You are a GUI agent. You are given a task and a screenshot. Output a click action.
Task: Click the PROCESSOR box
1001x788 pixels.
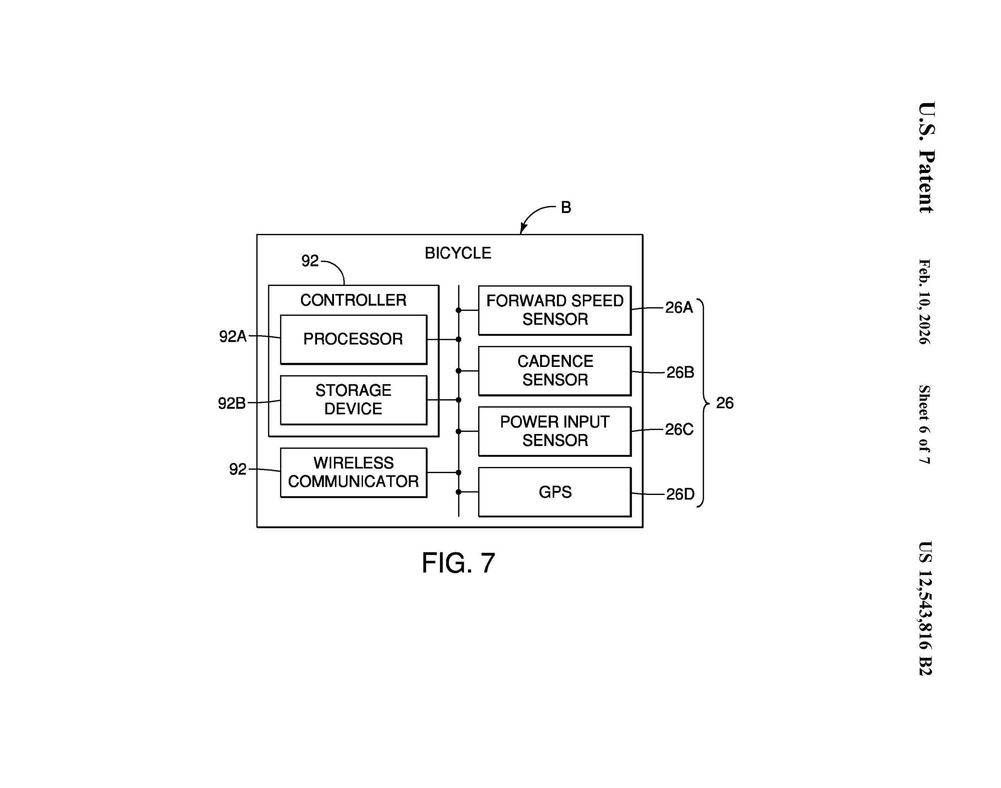353,339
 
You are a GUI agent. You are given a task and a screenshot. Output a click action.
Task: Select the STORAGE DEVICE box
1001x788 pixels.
353,400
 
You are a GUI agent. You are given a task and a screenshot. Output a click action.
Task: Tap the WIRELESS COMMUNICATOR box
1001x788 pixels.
353,472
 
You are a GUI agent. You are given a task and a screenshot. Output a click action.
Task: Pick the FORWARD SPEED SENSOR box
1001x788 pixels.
554,310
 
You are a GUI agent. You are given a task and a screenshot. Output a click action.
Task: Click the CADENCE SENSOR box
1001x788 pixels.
554,370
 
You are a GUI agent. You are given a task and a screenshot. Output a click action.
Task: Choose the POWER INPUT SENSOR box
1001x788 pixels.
554,431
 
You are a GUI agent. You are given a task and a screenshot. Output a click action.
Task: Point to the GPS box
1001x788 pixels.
554,492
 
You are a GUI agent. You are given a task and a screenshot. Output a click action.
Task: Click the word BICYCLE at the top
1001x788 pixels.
457,253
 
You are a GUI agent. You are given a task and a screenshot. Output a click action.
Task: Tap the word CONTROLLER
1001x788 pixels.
353,300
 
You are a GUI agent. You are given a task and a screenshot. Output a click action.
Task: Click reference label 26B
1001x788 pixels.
680,372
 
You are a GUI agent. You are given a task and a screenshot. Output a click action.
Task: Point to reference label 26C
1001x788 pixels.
679,429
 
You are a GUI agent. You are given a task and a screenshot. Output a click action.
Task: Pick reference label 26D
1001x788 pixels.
680,494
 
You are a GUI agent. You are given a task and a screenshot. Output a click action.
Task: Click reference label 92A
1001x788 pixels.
233,337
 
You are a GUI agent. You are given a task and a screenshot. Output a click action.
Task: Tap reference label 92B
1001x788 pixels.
232,403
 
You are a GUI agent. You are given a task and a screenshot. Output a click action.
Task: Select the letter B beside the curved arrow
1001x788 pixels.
565,207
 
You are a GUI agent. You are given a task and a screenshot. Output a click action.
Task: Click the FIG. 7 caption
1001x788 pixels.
458,563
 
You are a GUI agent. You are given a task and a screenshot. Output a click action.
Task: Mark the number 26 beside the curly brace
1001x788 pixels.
725,403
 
